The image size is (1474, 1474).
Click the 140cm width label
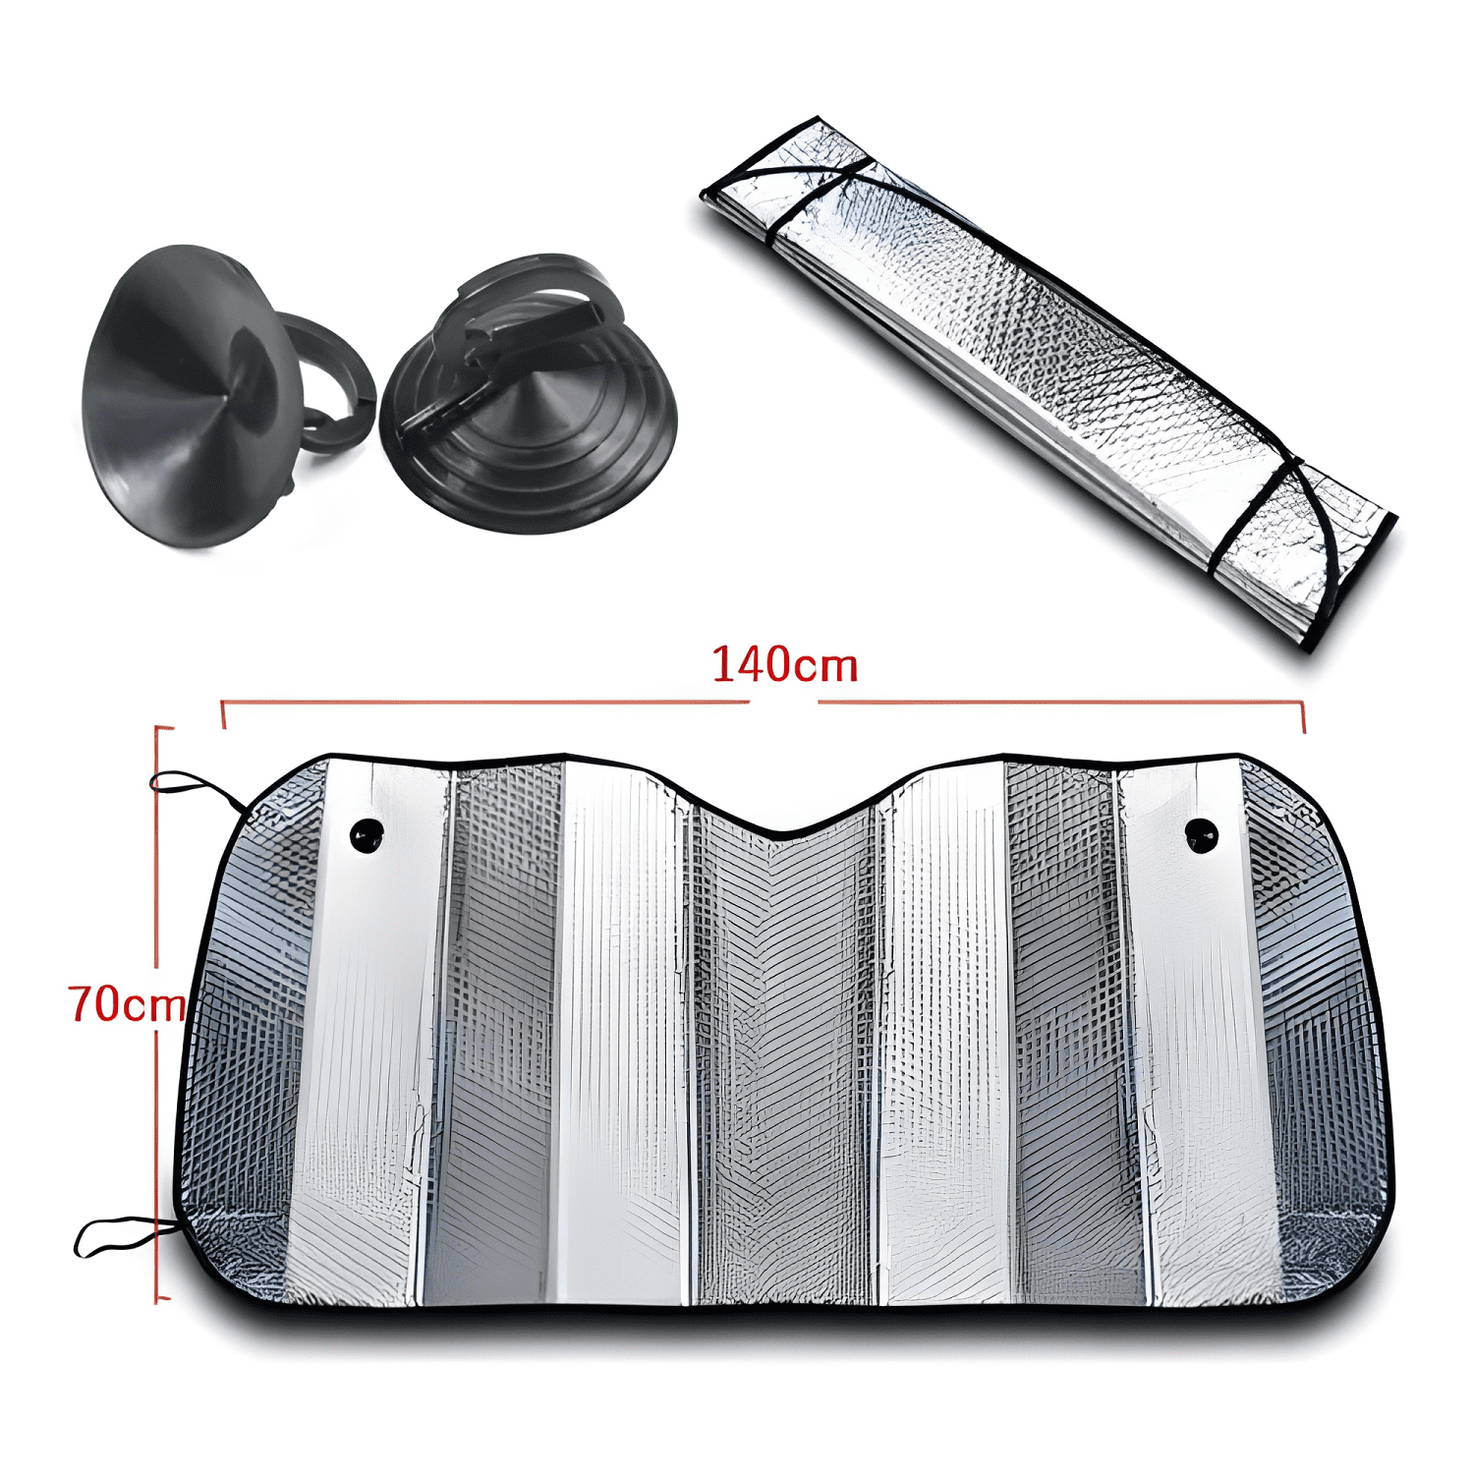click(784, 665)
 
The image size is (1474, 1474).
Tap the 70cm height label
click(127, 1003)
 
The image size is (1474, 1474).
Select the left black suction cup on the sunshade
click(368, 835)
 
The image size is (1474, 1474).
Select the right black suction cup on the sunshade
click(1201, 835)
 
